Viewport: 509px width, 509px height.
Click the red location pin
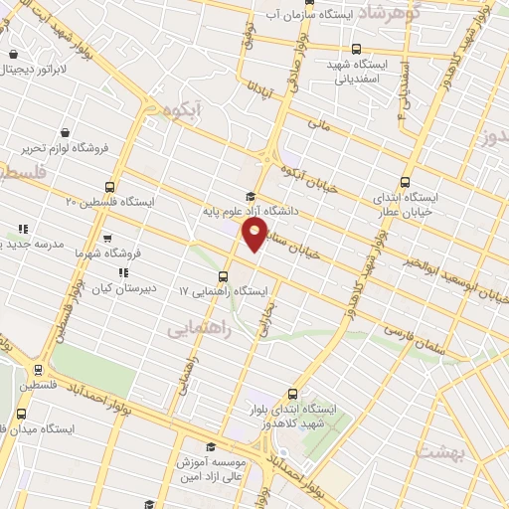click(x=254, y=235)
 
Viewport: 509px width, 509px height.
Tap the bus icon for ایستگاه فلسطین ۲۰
click(x=110, y=186)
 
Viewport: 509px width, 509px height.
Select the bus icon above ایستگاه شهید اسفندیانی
click(x=356, y=49)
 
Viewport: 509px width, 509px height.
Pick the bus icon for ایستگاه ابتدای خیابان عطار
click(x=405, y=182)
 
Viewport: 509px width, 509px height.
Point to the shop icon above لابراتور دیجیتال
click(x=13, y=55)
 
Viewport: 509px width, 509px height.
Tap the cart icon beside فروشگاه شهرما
click(x=105, y=239)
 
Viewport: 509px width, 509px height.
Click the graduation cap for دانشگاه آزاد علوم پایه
click(x=252, y=196)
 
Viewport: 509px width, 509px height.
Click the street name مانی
click(x=318, y=125)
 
